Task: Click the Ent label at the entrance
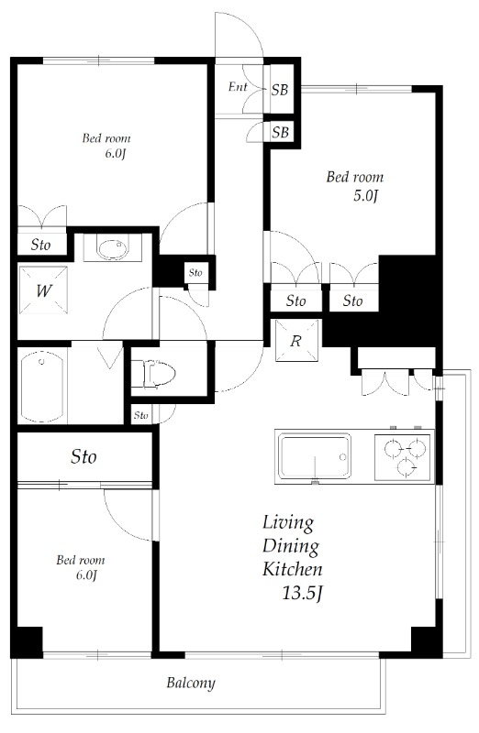click(236, 89)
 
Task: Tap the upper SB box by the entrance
click(280, 90)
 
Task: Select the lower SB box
click(280, 133)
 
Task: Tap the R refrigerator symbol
click(296, 341)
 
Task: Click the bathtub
click(43, 386)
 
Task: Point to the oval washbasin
click(113, 248)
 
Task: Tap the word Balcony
click(191, 683)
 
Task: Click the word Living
click(288, 524)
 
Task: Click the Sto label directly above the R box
click(295, 301)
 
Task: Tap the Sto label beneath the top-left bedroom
click(40, 245)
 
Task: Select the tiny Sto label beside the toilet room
click(140, 416)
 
